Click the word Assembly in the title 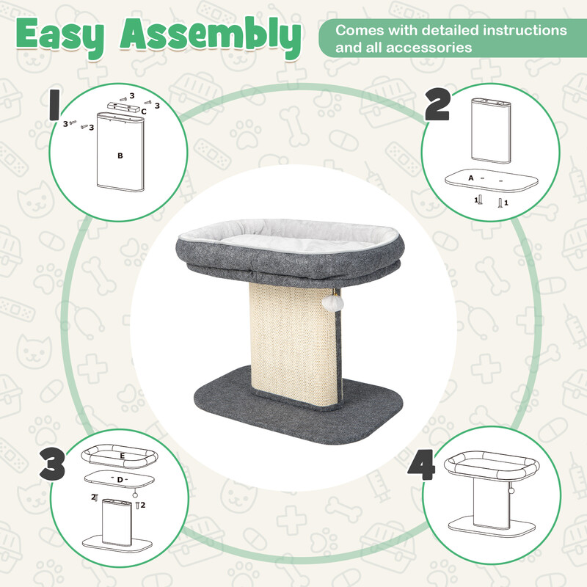pos(211,37)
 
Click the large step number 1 pos(54,105)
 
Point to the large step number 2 pos(437,106)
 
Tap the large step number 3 pos(52,465)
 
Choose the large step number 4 pos(421,465)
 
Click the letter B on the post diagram pos(120,156)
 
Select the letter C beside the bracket pos(144,112)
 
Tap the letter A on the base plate pos(471,178)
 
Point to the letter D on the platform pos(120,480)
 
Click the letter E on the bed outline pos(123,456)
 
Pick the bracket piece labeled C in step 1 pos(123,107)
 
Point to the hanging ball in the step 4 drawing pos(511,491)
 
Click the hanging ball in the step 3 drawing pos(135,495)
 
